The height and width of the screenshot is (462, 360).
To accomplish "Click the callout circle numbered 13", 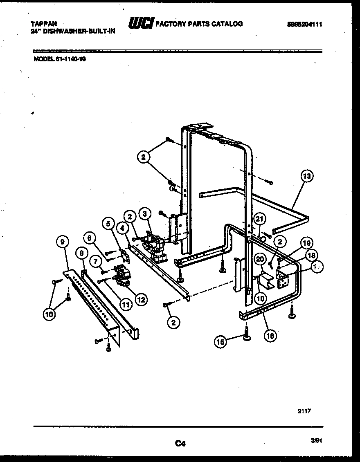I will point(306,177).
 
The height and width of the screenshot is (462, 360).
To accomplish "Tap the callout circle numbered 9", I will point(62,242).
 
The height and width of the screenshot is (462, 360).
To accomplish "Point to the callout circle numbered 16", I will point(270,336).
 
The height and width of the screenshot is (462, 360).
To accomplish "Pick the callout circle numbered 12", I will point(141,300).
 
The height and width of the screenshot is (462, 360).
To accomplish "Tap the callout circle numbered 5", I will point(108,224).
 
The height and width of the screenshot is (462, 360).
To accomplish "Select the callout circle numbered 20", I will point(259,258).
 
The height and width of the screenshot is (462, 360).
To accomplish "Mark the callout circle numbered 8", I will point(81,253).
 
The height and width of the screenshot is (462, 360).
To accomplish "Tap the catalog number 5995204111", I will point(304,25).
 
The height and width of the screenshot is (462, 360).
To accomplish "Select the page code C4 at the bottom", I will point(180,443).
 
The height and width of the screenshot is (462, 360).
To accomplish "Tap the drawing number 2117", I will point(305,411).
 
